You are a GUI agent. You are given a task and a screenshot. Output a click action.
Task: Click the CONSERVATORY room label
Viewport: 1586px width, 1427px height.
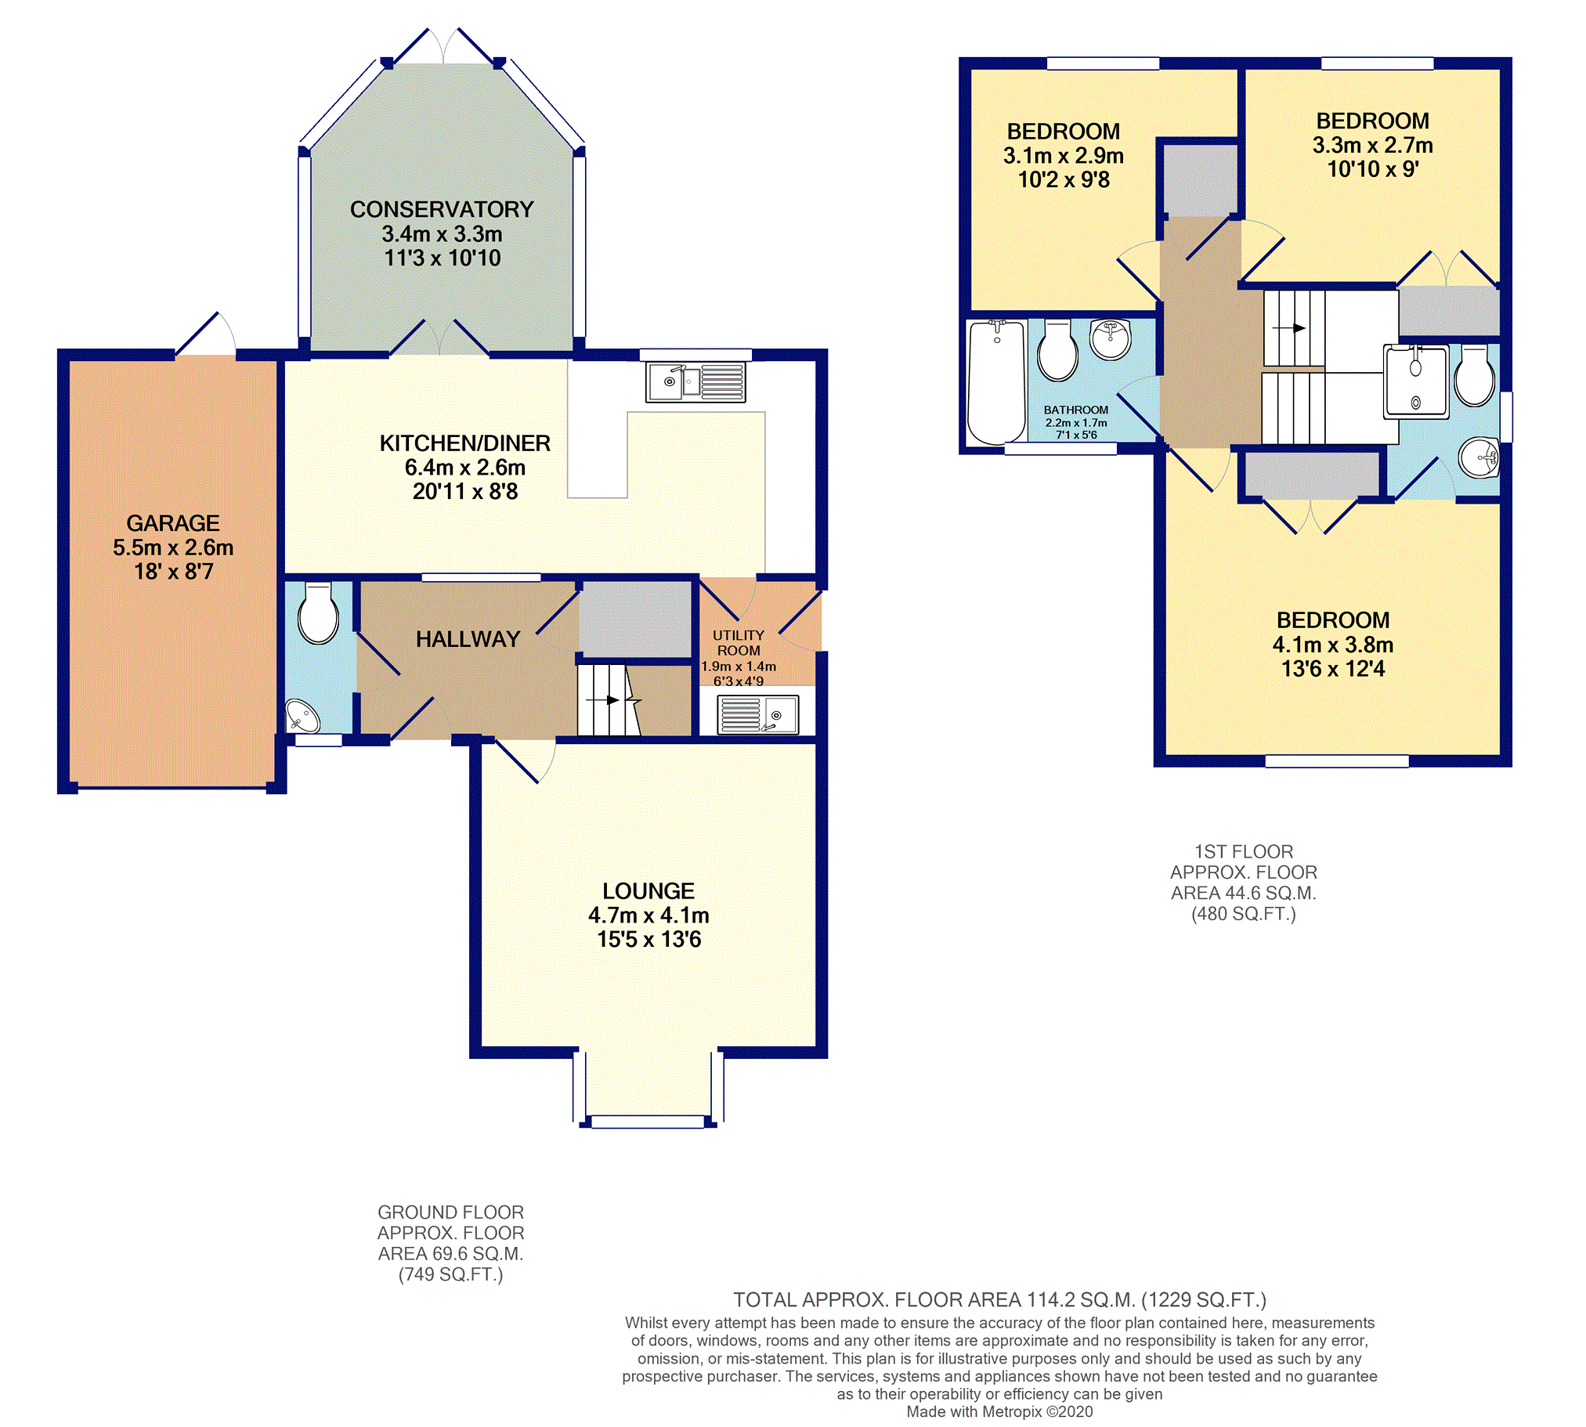coord(442,209)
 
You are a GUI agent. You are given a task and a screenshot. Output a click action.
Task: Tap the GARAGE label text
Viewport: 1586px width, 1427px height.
coord(173,523)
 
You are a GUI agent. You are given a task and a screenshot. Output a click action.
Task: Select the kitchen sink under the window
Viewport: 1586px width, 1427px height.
coord(695,382)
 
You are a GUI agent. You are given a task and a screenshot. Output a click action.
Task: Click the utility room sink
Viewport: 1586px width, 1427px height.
coord(757,715)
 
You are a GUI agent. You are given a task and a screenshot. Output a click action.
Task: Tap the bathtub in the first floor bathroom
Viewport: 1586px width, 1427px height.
coord(996,382)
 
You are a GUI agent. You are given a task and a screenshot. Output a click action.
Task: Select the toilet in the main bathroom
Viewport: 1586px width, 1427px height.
coord(1057,350)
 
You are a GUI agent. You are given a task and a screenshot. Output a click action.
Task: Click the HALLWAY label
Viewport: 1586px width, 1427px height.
coord(468,639)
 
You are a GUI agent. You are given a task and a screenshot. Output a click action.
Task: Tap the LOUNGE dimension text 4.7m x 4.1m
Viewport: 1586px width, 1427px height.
coord(648,915)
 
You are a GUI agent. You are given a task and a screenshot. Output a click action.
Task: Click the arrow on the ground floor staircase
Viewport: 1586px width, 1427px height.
coord(603,699)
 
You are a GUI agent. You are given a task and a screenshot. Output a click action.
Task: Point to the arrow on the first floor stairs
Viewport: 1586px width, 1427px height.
coord(1289,327)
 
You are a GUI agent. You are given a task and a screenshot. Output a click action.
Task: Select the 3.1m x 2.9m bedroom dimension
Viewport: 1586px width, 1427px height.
coord(1063,155)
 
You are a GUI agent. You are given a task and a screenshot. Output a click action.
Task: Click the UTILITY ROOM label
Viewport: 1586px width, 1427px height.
coord(739,643)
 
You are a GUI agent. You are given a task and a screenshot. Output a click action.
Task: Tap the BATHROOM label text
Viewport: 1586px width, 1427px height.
coord(1075,410)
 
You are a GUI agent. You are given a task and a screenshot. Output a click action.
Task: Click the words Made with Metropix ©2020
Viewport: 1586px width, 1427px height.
coord(999,1411)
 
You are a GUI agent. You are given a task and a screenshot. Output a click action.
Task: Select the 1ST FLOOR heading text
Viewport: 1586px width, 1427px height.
coord(1244,851)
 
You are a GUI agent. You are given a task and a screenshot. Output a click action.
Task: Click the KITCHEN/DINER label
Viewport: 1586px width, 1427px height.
coord(465,443)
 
